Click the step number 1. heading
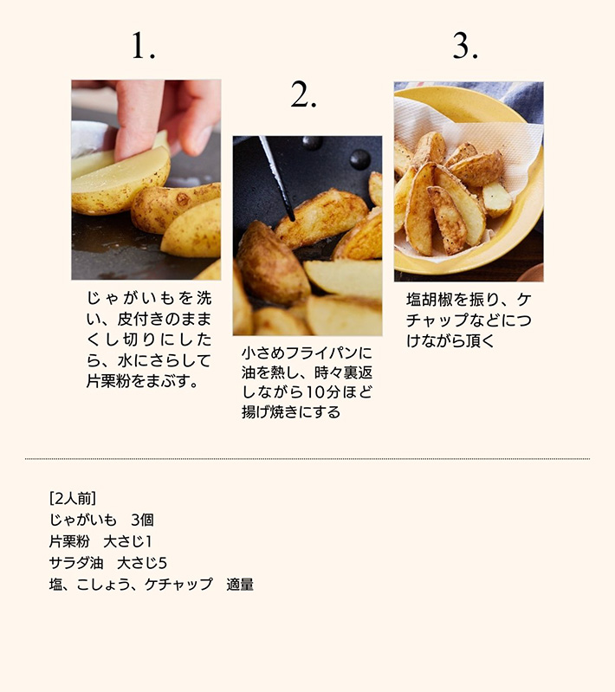[x=144, y=46]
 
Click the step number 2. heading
[x=303, y=97]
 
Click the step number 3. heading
[x=465, y=46]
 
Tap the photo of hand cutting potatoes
[x=146, y=179]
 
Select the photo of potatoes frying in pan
[x=307, y=236]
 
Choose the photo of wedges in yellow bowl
[x=469, y=181]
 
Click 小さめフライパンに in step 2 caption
[x=307, y=353]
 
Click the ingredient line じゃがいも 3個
[x=101, y=520]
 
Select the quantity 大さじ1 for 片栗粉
[x=128, y=541]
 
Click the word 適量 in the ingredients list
[x=240, y=585]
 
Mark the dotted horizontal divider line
[x=307, y=459]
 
